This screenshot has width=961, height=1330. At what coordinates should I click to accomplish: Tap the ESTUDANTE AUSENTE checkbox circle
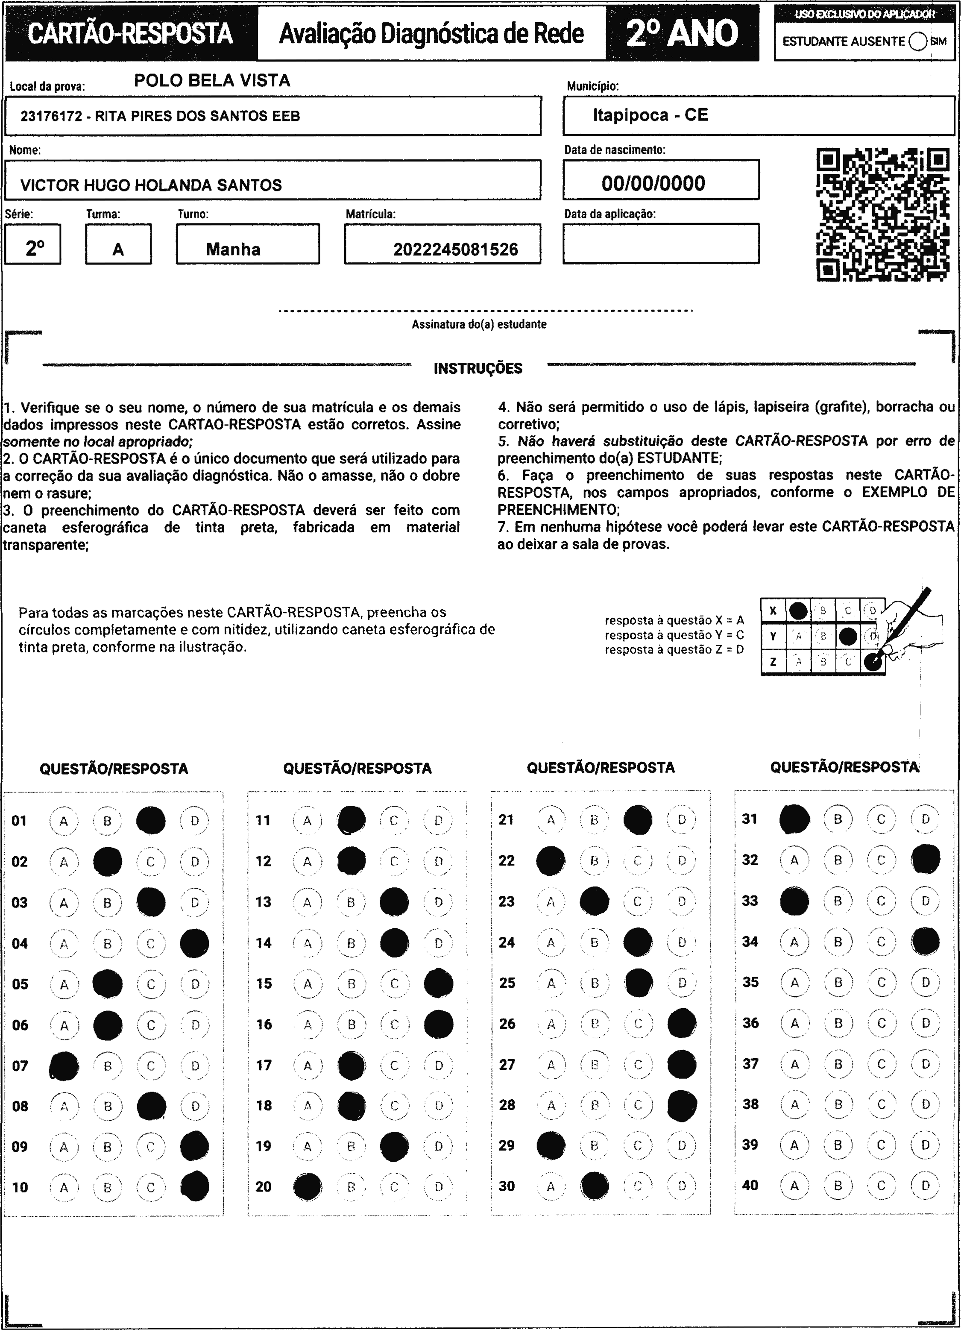point(917,41)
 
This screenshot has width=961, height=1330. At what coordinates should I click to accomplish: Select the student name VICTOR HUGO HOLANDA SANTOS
point(151,185)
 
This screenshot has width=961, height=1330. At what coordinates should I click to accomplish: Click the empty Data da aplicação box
point(661,244)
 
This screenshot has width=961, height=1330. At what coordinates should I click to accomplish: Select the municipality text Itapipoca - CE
point(650,115)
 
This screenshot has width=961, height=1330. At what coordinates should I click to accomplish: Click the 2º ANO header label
point(682,33)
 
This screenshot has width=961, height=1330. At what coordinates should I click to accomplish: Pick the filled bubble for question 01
point(151,820)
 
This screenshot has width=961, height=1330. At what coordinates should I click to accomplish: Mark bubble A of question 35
point(794,982)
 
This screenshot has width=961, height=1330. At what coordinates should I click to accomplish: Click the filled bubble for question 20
point(307,1186)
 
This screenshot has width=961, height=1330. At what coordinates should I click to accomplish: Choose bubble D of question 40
point(925,1185)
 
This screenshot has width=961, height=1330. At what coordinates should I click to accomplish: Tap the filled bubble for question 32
point(925,860)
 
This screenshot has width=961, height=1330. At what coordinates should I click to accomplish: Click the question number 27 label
point(507,1064)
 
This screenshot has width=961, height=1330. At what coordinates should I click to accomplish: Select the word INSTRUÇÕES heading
point(478,369)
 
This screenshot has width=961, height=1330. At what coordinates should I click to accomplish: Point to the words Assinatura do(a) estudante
point(479,324)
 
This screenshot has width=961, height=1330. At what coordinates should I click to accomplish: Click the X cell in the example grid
point(773,611)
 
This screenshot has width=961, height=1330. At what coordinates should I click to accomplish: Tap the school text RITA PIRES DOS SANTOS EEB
point(198,116)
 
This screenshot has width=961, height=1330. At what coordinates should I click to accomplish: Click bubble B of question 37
point(838,1064)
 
